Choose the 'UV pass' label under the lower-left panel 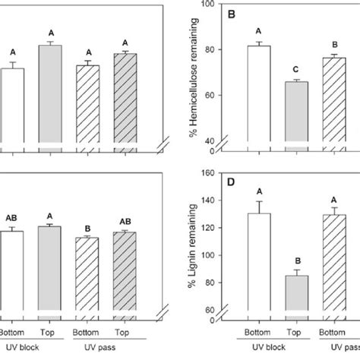click(103, 348)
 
